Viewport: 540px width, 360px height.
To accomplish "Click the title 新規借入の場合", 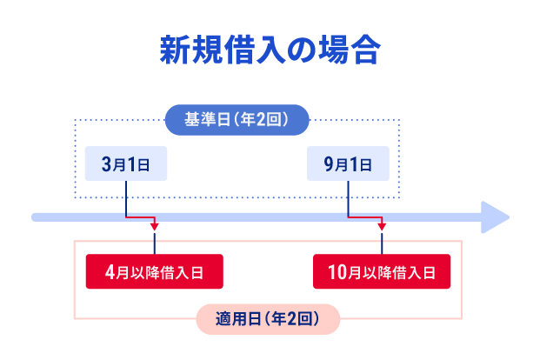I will pos(270,50).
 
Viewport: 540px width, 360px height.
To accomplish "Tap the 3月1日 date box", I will pos(126,163).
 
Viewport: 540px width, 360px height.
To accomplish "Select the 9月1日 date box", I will pos(348,163).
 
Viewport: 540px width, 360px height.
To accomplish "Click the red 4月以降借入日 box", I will pos(155,272).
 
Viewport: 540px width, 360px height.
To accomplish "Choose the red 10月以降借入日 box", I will pos(381,272).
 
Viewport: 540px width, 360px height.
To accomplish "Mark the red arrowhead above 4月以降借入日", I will pos(155,228).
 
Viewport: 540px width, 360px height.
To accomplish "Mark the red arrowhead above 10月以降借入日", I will pos(381,228).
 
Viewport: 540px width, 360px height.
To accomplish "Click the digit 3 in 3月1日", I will pos(105,163).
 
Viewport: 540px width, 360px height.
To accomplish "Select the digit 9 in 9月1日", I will pos(327,163).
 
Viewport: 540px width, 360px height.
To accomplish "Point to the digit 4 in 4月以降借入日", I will pos(109,272).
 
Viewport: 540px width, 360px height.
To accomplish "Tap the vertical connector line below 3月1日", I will pos(127,196).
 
